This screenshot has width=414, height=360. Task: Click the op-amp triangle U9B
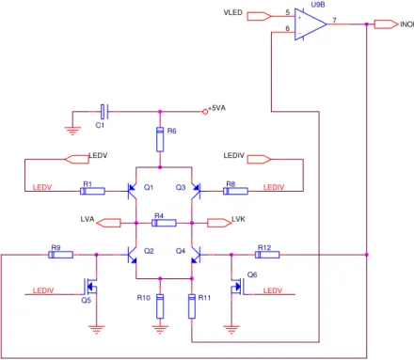tap(310, 24)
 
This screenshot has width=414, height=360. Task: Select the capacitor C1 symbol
tap(104, 112)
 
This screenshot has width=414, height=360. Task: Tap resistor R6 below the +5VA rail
tap(160, 139)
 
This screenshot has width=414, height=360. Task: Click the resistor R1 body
tap(92, 191)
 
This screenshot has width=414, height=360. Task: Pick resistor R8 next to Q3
tap(235, 191)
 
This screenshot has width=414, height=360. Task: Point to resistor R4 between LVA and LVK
tap(164, 223)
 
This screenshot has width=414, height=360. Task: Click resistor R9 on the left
tap(60, 255)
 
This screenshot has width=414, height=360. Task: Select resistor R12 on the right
tap(267, 255)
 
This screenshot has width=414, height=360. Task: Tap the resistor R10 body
tap(160, 306)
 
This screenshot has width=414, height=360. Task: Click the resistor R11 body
tap(192, 306)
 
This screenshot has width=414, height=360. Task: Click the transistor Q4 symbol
tap(196, 255)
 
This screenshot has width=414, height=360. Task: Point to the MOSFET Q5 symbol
tap(90, 287)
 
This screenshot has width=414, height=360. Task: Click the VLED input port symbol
tap(259, 16)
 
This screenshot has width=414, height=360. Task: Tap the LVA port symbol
tap(108, 223)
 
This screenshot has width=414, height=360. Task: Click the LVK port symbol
tap(219, 223)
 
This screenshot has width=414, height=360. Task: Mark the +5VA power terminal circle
tap(205, 112)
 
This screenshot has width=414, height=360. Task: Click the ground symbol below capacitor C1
tap(72, 131)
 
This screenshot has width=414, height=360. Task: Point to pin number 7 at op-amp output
tap(334, 20)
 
